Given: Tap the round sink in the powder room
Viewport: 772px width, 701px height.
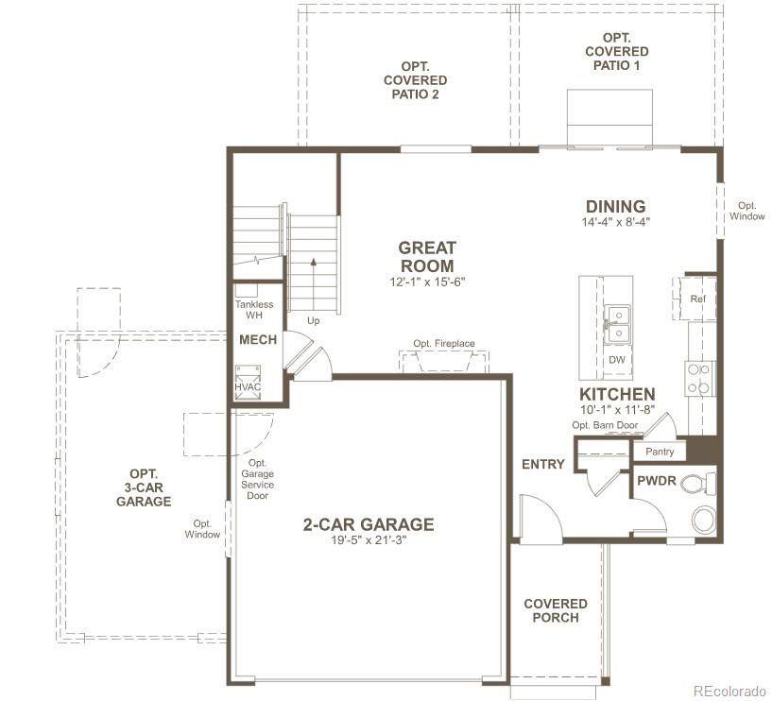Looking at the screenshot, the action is tap(704, 520).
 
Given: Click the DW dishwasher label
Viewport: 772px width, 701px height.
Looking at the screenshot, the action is tap(617, 360).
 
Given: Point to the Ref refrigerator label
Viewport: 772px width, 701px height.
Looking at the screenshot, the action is tap(697, 299).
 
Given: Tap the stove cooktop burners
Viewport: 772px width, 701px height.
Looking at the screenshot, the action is tap(699, 378).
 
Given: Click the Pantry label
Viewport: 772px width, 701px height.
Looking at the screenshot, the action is tap(660, 452).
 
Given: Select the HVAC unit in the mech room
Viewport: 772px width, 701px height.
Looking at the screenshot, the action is tap(248, 383).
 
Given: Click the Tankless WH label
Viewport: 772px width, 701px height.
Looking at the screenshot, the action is tap(254, 310).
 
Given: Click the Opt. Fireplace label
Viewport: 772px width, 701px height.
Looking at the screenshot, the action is tap(444, 344).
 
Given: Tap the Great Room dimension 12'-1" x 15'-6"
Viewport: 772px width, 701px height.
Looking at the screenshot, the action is tap(427, 282).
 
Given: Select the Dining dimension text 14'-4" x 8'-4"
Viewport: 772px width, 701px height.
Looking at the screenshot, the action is tap(616, 222).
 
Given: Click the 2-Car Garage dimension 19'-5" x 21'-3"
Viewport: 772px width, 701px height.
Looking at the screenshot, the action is tap(369, 540).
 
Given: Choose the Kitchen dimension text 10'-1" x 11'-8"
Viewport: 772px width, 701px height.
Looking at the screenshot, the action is tap(617, 409).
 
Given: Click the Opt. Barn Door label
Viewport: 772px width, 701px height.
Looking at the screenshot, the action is tap(605, 425).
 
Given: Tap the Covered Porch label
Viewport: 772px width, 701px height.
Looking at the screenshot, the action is tap(556, 610).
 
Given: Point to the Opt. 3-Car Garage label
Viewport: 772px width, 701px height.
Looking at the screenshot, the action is tap(144, 487).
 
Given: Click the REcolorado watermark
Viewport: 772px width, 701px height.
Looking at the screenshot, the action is tap(729, 691).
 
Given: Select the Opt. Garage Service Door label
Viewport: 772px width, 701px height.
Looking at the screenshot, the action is tap(258, 479).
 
